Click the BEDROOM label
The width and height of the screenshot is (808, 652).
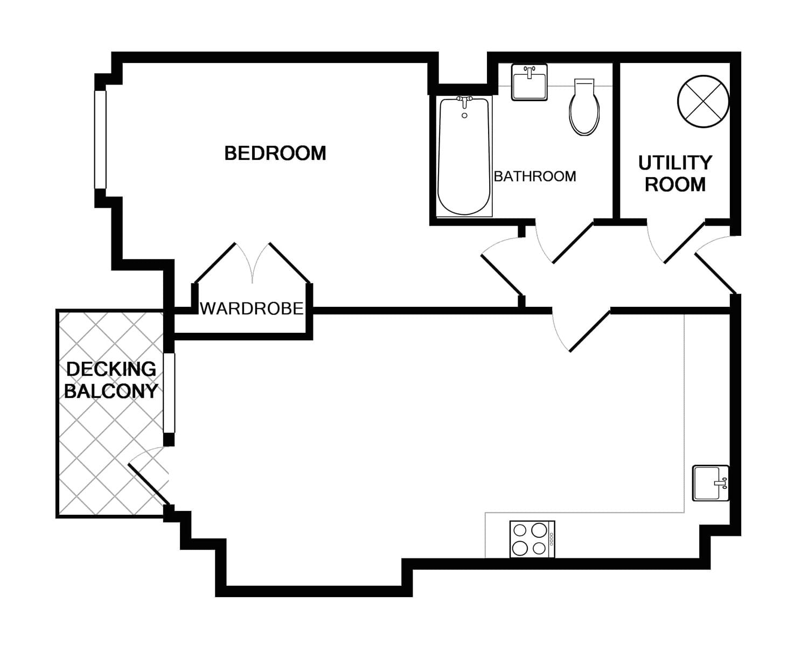275,153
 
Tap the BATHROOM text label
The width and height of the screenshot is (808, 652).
534,177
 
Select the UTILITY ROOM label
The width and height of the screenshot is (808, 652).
675,173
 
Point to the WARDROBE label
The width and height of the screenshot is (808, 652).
252,309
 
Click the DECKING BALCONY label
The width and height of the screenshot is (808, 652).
111,380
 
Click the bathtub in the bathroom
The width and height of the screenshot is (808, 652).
464,157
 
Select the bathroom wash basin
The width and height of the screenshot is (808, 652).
529,82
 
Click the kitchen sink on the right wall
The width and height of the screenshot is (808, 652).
710,483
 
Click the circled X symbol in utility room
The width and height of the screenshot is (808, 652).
703,101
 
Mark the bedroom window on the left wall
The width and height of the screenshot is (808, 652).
100,139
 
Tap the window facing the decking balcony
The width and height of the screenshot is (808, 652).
169,392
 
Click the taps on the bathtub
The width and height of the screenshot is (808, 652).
464,100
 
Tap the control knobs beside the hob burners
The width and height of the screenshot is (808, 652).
551,539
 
